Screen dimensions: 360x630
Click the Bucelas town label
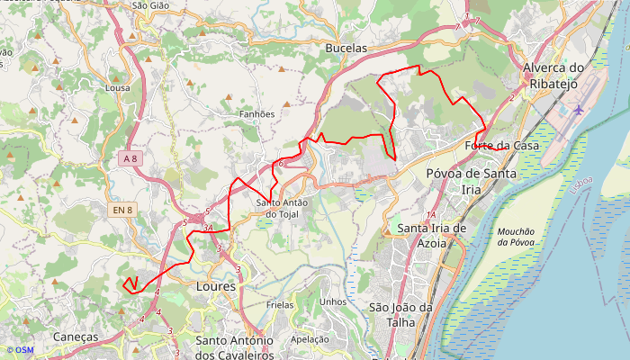(x=346, y=48)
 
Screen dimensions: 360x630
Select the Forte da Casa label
(x=502, y=146)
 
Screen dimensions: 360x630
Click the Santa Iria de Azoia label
(x=432, y=236)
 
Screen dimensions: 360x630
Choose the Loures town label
(x=215, y=287)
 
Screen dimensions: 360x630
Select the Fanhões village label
(x=257, y=114)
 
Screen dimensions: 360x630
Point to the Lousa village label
(x=118, y=88)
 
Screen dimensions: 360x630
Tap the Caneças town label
(x=76, y=337)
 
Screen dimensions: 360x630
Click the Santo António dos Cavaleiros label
(x=235, y=347)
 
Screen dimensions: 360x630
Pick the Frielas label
(x=281, y=305)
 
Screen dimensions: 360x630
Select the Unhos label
(x=333, y=302)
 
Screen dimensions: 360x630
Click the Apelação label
(x=310, y=340)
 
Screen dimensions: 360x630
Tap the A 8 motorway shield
(x=130, y=158)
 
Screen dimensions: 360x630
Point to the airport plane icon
(x=578, y=110)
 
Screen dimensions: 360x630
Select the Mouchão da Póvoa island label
(x=515, y=237)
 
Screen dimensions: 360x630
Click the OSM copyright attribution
(x=20, y=350)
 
